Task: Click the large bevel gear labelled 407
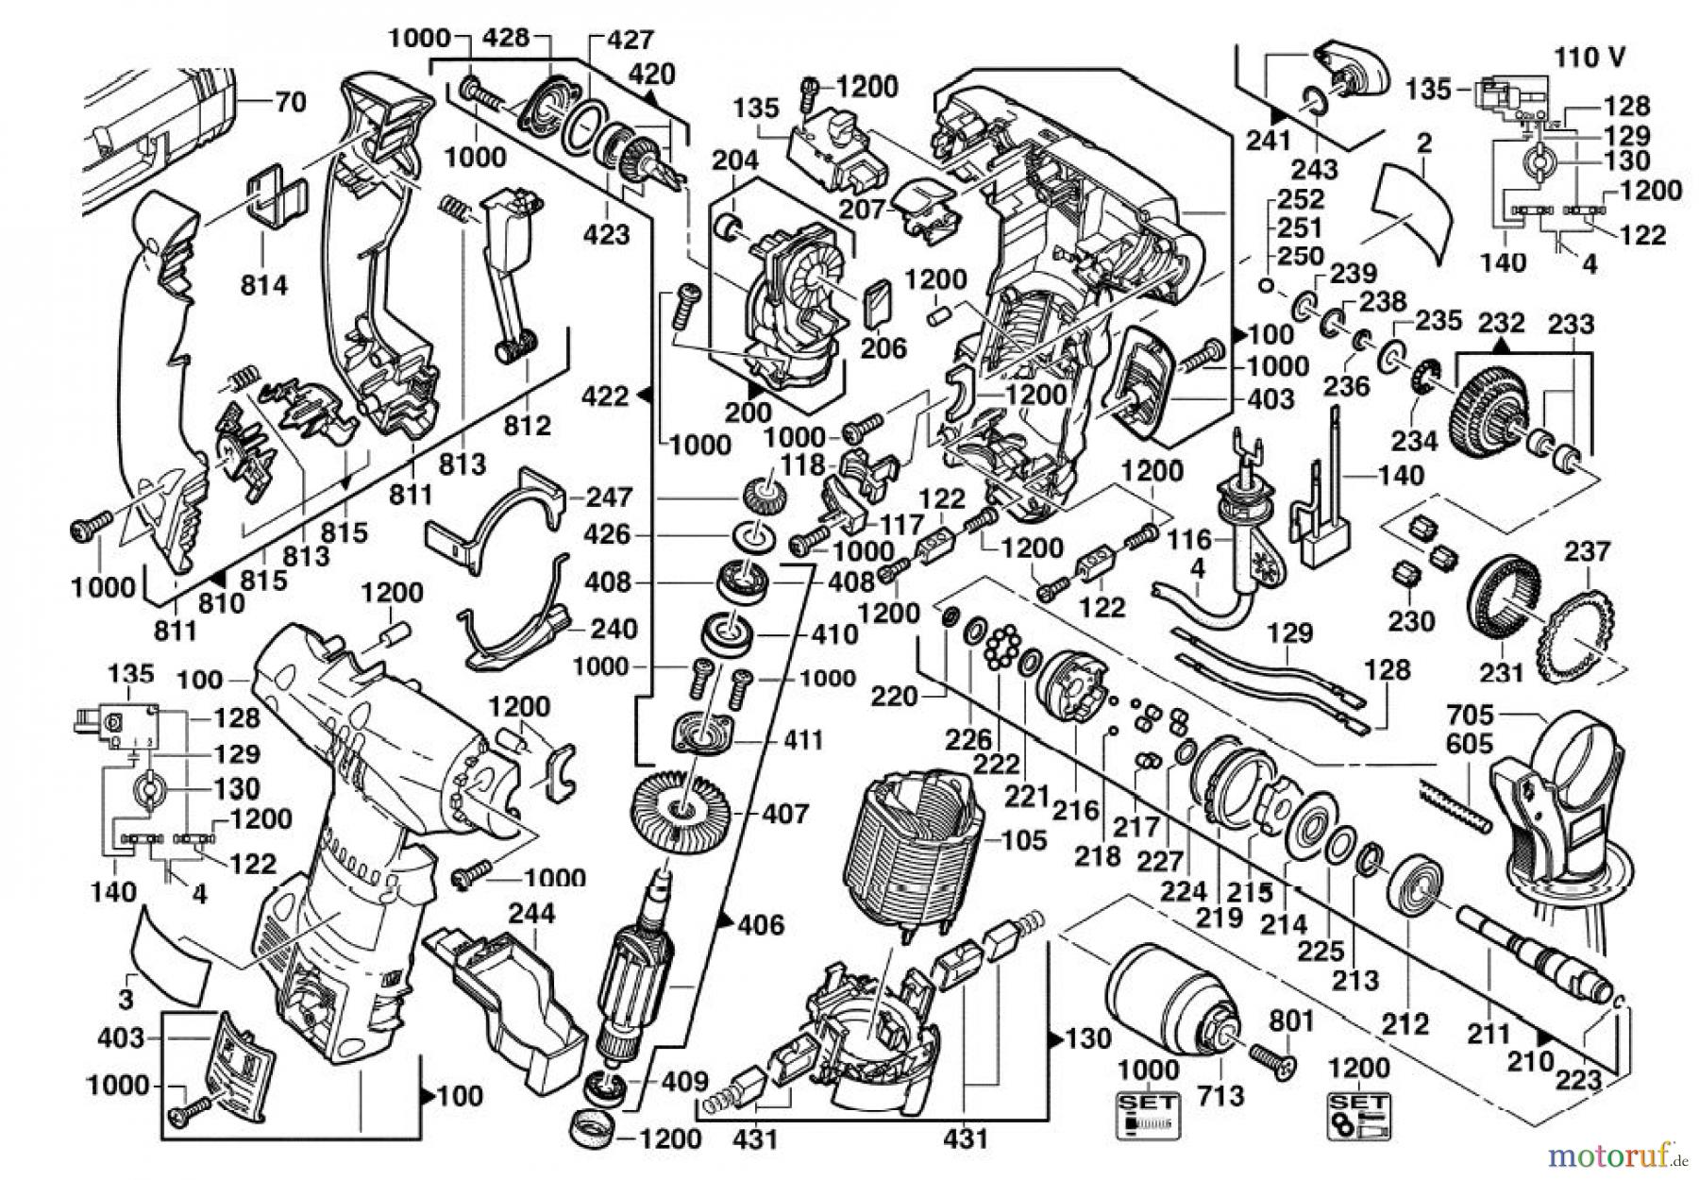[679, 809]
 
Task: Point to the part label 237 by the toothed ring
[1587, 551]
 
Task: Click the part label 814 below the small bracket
[263, 284]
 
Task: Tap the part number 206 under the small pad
[883, 347]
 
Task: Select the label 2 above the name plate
[1424, 144]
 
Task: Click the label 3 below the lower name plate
[126, 1001]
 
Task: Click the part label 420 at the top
[652, 74]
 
